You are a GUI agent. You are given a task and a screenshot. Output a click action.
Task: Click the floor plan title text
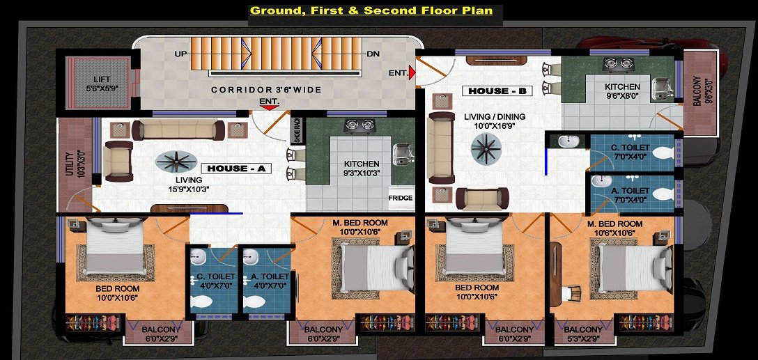[371, 10]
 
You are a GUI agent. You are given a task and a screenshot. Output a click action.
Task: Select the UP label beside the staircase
[180, 54]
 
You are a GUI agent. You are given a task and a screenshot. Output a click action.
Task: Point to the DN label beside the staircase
[373, 54]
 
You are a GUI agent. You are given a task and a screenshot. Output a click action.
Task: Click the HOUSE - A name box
[235, 168]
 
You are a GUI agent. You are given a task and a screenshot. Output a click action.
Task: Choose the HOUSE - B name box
[500, 91]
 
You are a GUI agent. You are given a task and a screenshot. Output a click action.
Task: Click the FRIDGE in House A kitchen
[401, 198]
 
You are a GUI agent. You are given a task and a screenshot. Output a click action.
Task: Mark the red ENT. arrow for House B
[412, 72]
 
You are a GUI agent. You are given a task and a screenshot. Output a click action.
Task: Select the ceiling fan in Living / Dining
[486, 147]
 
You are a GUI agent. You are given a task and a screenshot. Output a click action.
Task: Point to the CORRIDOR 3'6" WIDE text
[266, 90]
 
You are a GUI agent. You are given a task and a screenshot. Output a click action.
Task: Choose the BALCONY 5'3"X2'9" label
[584, 334]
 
